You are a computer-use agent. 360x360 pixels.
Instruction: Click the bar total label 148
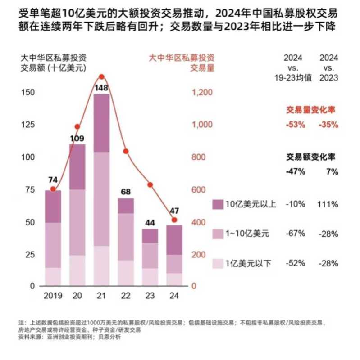click(x=101, y=88)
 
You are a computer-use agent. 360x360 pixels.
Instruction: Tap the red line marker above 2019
click(x=53, y=189)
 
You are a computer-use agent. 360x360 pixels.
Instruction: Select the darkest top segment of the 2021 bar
click(x=101, y=123)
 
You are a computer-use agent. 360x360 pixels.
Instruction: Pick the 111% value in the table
click(x=328, y=204)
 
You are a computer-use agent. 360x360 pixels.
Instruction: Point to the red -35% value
click(x=328, y=125)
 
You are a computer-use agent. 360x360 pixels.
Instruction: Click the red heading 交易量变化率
click(x=311, y=109)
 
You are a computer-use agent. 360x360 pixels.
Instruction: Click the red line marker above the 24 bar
click(x=174, y=220)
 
